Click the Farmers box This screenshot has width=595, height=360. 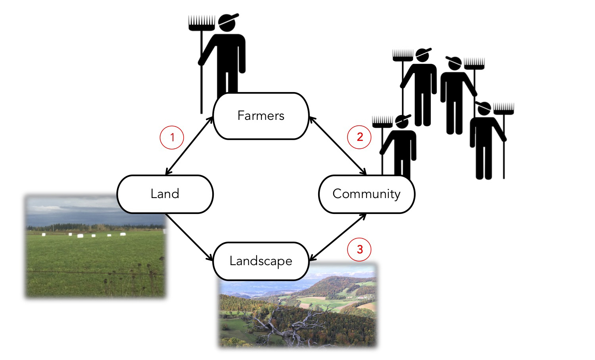coord(261,116)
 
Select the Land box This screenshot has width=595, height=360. coord(165,194)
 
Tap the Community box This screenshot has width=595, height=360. coord(367,194)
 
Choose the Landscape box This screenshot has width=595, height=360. coord(261,261)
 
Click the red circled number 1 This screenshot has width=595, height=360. coord(172,138)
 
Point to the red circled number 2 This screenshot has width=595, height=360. coord(359,137)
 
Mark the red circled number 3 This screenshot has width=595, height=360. coord(359,249)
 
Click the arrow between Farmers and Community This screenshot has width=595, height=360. coord(338,146)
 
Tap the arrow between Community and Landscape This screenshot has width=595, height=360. coord(338,237)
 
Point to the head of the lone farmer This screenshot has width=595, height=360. coord(227,23)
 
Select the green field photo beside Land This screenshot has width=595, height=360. coord(95,254)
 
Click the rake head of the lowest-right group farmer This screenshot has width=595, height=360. coord(504,108)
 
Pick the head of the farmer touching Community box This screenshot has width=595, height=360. coord(402,122)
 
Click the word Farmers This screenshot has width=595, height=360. coord(261,116)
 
